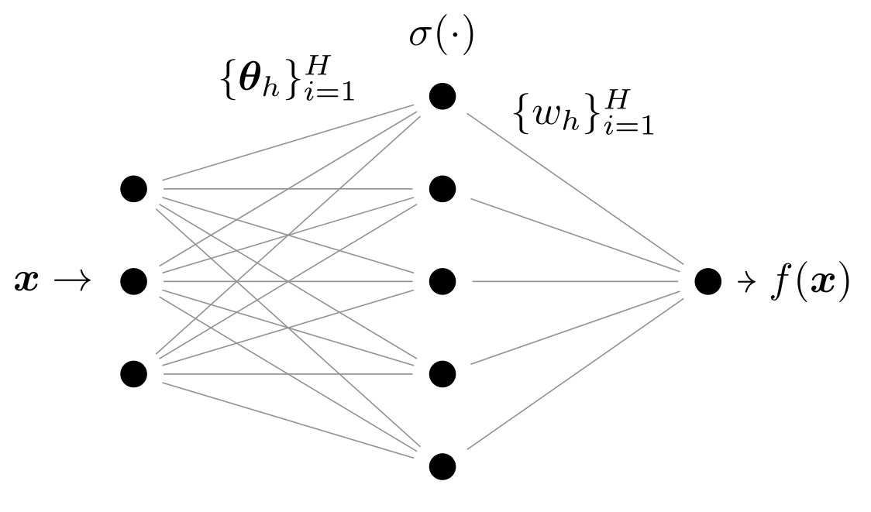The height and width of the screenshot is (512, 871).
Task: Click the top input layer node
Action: [x=133, y=188]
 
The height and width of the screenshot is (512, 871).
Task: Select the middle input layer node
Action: [x=133, y=281]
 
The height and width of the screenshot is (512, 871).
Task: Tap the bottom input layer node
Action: [x=133, y=374]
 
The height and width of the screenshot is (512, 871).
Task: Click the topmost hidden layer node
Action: [x=442, y=96]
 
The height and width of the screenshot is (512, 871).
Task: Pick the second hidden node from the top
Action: [x=442, y=188]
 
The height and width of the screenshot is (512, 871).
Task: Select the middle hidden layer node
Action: [x=442, y=281]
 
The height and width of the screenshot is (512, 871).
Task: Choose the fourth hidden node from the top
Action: [x=442, y=374]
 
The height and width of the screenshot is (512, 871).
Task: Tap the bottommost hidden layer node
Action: [x=442, y=466]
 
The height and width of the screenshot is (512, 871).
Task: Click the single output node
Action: [x=707, y=281]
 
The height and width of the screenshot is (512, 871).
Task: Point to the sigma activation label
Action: [x=441, y=36]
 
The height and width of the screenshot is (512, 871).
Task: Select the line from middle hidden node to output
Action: [x=573, y=281]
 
